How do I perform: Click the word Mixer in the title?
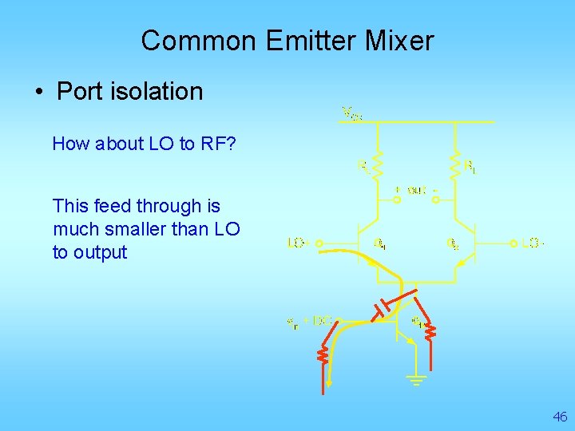[x=397, y=40]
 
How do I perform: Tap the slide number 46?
[x=560, y=417]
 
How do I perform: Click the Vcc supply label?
[x=352, y=113]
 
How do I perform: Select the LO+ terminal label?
[x=298, y=243]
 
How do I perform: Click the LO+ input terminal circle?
[x=317, y=243]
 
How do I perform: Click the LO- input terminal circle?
[x=512, y=243]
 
